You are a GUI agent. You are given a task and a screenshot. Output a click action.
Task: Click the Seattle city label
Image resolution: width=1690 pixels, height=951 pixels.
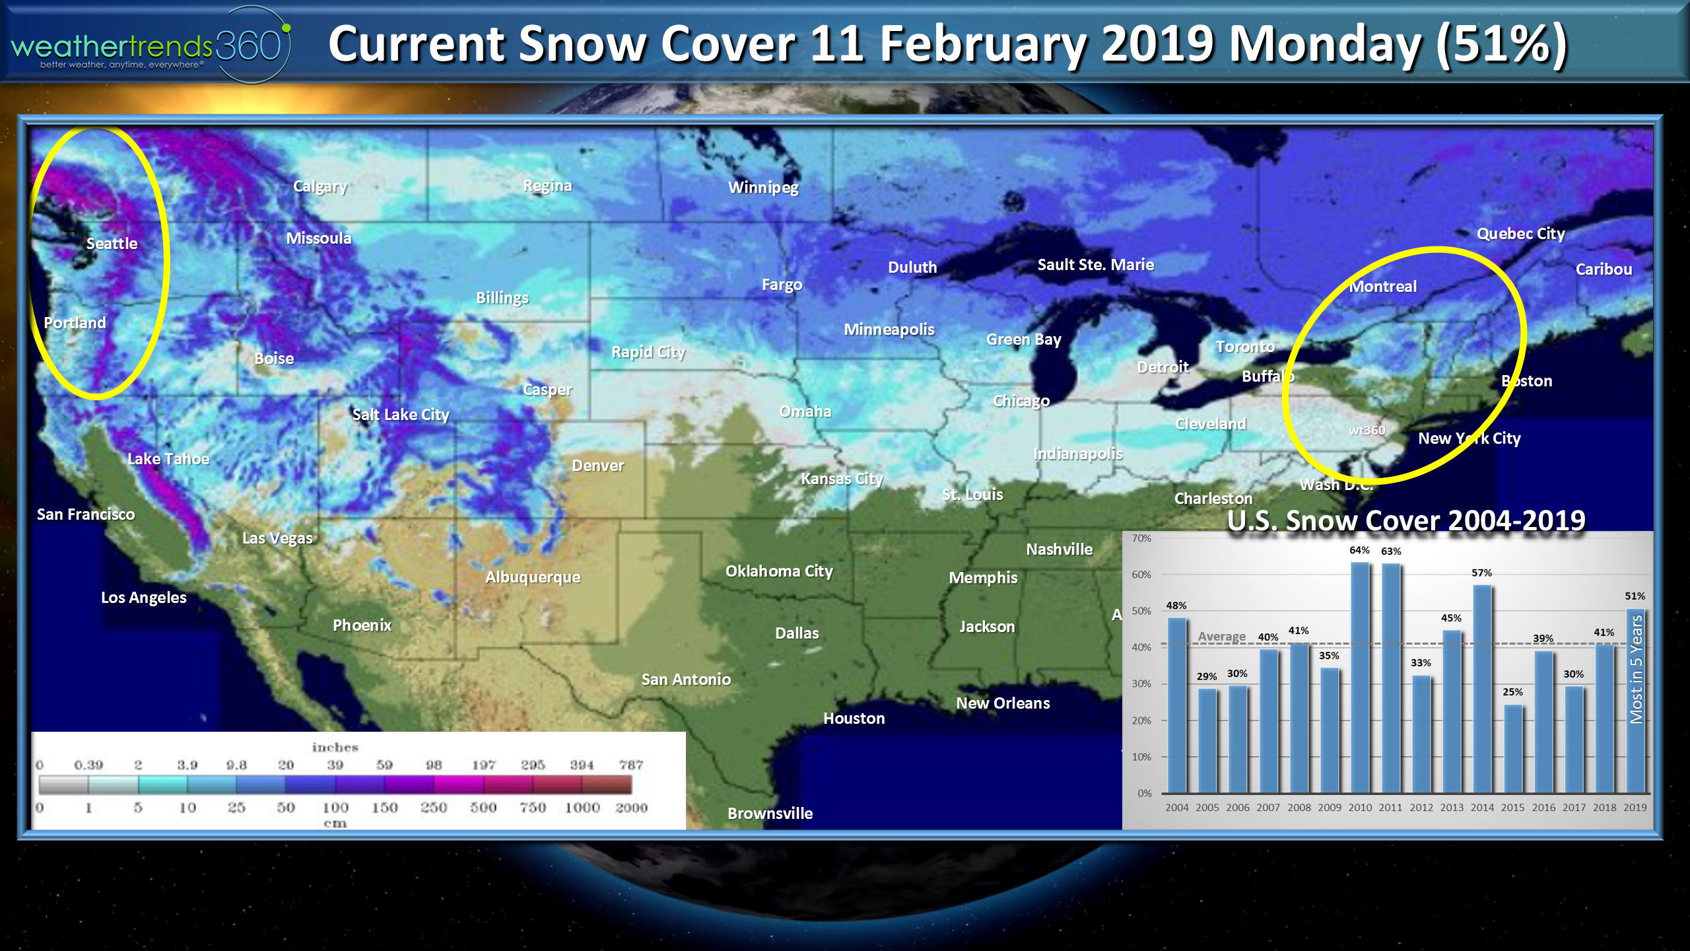coord(112,244)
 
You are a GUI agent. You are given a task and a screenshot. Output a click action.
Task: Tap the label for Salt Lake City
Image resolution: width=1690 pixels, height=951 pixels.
coord(401,415)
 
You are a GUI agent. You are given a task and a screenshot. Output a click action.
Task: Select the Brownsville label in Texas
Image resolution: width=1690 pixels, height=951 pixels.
coord(770,814)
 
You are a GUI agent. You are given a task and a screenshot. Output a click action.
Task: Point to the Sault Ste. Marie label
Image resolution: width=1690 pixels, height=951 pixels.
coord(1095,265)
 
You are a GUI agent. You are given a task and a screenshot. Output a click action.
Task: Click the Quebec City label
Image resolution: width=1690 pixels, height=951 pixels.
coord(1520,234)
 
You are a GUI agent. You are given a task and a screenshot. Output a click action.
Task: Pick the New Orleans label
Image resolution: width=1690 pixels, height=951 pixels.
coord(1003,703)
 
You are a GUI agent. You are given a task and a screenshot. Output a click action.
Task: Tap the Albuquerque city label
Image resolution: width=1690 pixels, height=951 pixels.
coord(533,577)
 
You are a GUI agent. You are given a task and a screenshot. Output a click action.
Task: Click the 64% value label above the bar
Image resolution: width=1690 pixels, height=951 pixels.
coord(1359,550)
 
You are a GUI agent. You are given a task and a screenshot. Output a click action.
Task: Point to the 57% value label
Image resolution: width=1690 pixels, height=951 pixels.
coord(1481,573)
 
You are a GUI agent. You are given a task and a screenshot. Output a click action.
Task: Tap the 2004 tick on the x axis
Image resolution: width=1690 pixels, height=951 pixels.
coord(1176,808)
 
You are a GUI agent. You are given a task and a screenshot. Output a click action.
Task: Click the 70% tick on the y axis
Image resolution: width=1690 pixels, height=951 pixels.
coord(1141,538)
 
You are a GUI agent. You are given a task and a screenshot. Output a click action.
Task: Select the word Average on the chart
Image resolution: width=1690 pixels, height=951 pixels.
coord(1221,637)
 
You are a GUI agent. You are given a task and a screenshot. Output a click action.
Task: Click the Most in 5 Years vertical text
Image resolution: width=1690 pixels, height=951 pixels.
coord(1636,668)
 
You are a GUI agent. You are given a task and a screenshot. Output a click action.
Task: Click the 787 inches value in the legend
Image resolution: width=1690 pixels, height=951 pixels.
coord(631,765)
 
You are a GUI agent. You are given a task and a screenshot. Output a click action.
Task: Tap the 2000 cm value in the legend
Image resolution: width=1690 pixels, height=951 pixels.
coord(631,808)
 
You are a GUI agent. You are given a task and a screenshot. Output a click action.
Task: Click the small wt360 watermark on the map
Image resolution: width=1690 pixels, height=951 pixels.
coord(1367,431)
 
